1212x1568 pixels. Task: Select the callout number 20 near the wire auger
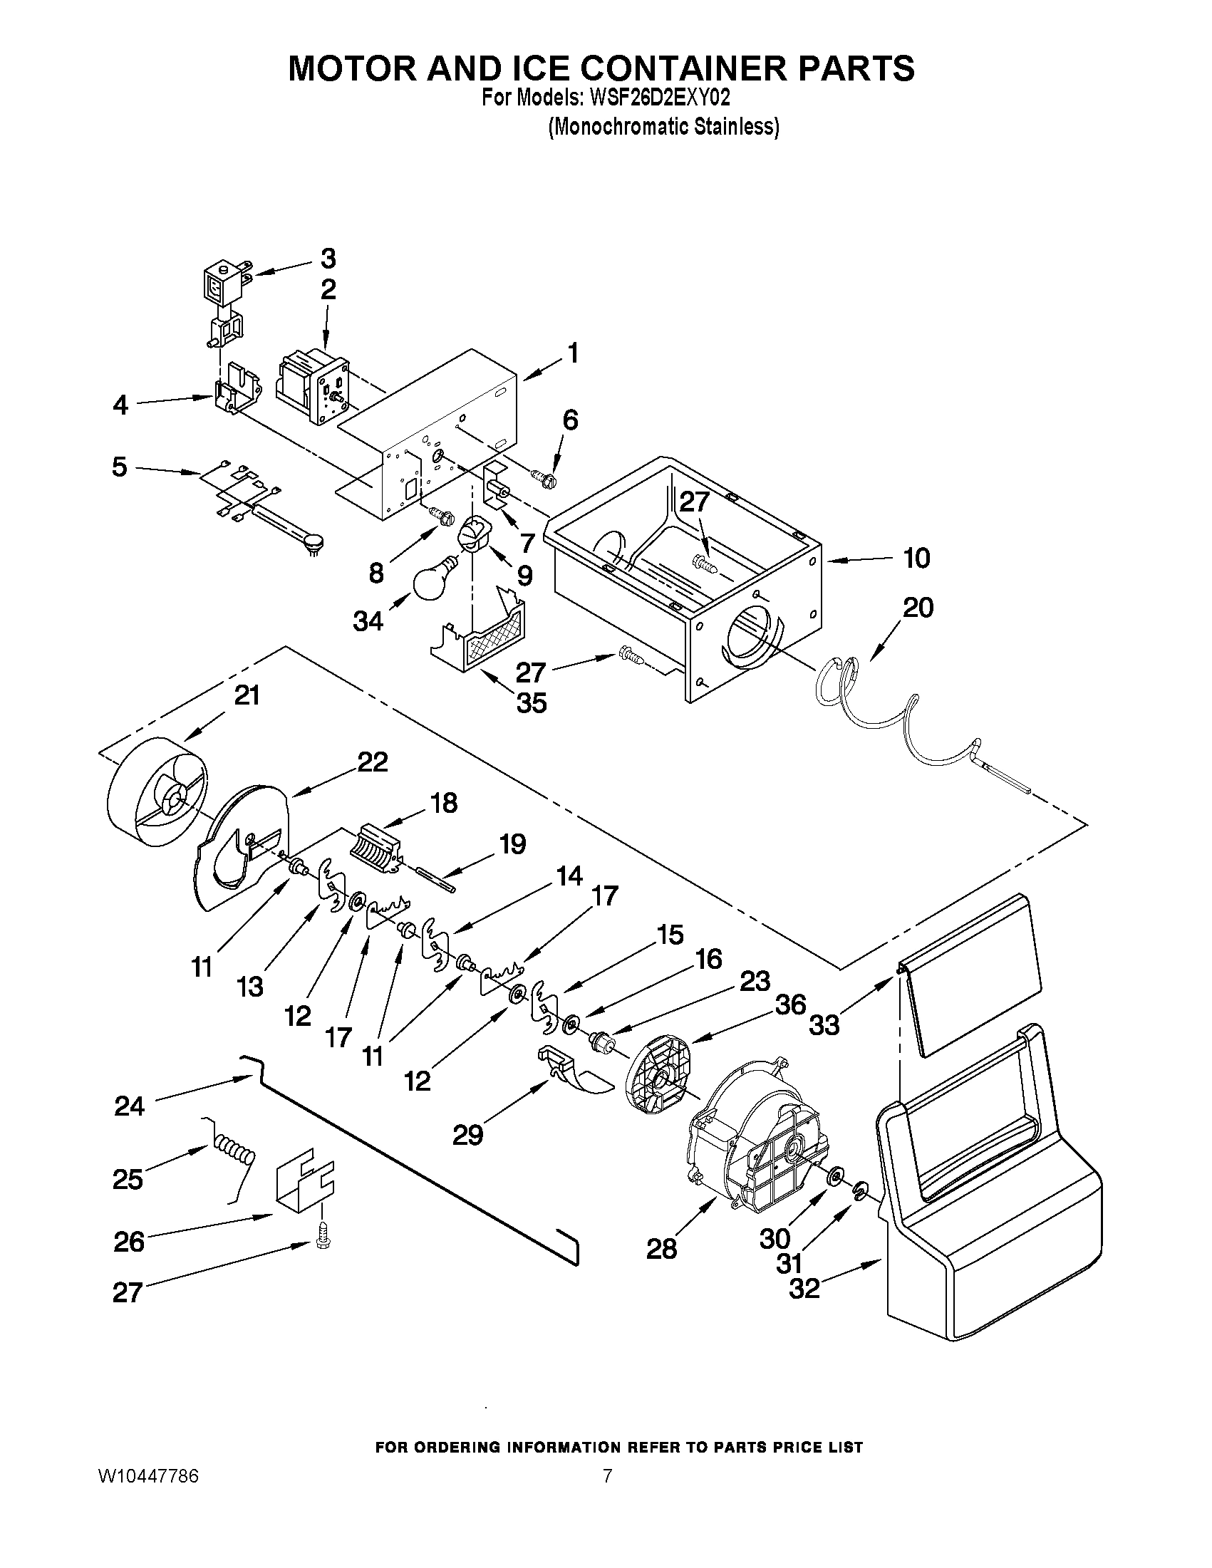918,608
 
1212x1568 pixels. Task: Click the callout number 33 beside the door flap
824,1024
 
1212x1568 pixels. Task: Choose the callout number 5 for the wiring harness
119,467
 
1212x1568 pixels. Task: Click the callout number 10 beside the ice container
916,558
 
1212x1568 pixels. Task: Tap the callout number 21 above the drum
247,696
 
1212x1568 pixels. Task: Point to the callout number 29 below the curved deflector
467,1135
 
